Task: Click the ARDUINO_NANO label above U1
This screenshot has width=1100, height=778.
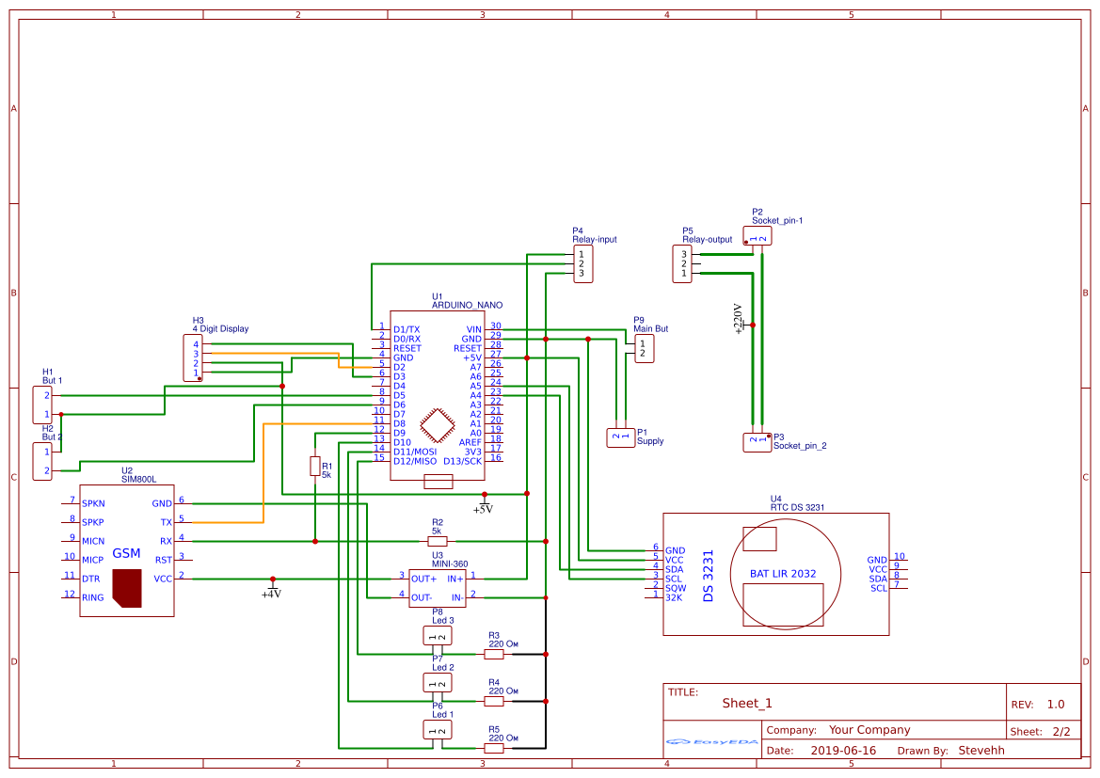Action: (467, 306)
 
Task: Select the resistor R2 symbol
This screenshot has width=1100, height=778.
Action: (438, 541)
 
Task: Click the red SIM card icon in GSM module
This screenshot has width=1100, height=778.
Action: (127, 587)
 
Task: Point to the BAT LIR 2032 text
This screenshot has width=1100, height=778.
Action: (782, 573)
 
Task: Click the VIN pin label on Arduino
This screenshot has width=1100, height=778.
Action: (473, 329)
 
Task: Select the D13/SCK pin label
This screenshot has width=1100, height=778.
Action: (463, 461)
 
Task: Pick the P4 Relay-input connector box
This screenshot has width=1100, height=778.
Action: (583, 263)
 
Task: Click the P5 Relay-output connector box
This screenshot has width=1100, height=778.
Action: (684, 263)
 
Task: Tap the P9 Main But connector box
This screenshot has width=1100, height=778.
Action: (644, 349)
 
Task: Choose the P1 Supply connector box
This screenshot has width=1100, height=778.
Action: (621, 437)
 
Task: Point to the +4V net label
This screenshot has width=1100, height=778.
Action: (271, 594)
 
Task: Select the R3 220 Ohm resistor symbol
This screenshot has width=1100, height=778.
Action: (494, 654)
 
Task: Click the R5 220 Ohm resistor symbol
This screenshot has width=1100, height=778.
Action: (494, 748)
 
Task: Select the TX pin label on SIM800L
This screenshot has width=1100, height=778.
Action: (167, 522)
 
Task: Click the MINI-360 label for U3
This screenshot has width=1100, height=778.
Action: (449, 564)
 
